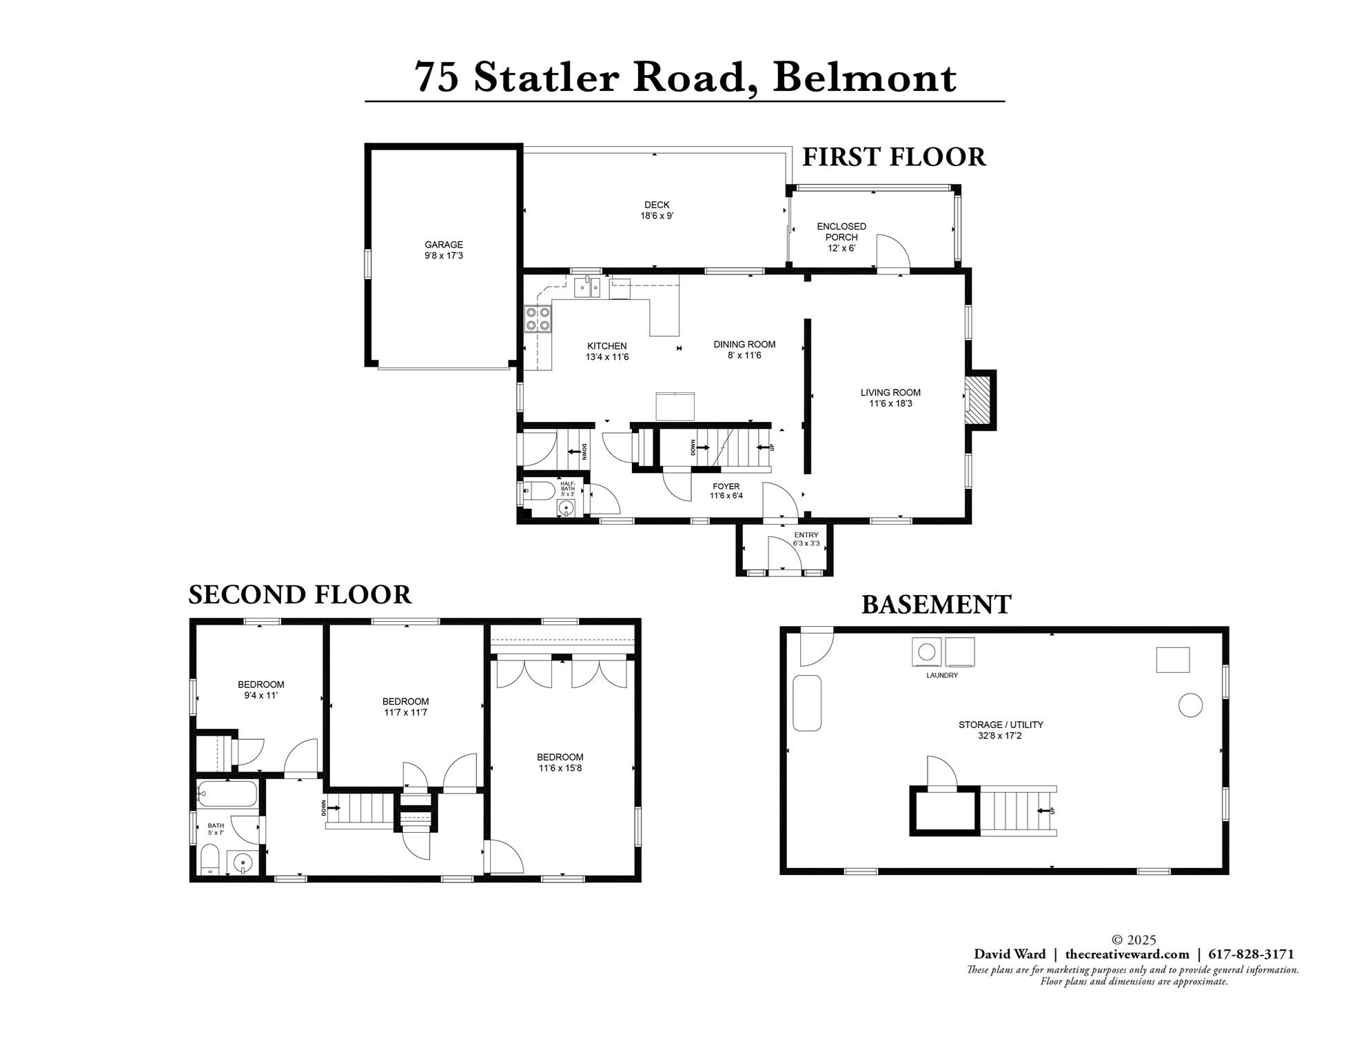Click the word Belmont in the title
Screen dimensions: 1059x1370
click(x=864, y=77)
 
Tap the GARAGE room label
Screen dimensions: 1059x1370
click(x=443, y=250)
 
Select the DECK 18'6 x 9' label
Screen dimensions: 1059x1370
click(x=656, y=210)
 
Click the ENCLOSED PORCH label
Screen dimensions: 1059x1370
click(x=841, y=236)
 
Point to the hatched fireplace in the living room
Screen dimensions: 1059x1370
click(x=978, y=401)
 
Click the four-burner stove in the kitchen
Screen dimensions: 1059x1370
click(x=538, y=319)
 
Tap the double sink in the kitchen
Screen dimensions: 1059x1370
click(x=587, y=287)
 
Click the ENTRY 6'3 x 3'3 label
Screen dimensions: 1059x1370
click(x=806, y=539)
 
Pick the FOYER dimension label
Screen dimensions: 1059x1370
click(x=726, y=491)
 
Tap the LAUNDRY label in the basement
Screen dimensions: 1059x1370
click(x=941, y=675)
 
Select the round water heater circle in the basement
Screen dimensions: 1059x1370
click(x=1190, y=705)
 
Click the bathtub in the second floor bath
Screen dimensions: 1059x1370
click(x=227, y=794)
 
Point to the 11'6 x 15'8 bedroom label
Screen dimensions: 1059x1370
click(x=560, y=763)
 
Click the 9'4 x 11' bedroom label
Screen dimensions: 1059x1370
click(x=260, y=690)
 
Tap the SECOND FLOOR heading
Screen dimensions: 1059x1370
click(x=300, y=594)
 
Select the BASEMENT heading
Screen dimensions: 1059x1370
click(x=936, y=605)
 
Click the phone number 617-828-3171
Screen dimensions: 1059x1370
click(x=1251, y=954)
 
